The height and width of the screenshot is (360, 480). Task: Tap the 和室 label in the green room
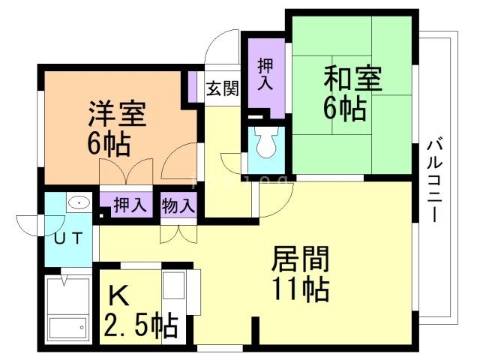[352, 79]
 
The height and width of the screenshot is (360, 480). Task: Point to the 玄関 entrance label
[223, 88]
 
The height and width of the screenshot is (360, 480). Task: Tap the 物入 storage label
[178, 203]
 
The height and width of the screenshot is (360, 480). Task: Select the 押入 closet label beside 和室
[265, 74]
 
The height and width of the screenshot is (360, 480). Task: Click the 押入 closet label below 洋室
[130, 203]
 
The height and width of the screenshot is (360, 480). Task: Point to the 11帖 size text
[300, 289]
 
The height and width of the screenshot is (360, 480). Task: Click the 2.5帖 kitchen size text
[141, 326]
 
